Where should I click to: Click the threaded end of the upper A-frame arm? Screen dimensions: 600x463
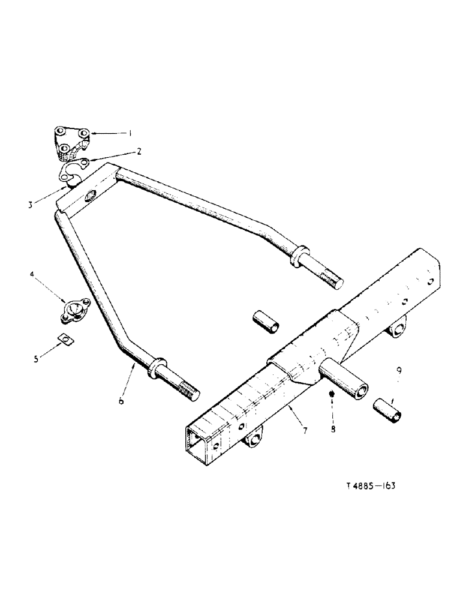tap(331, 278)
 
